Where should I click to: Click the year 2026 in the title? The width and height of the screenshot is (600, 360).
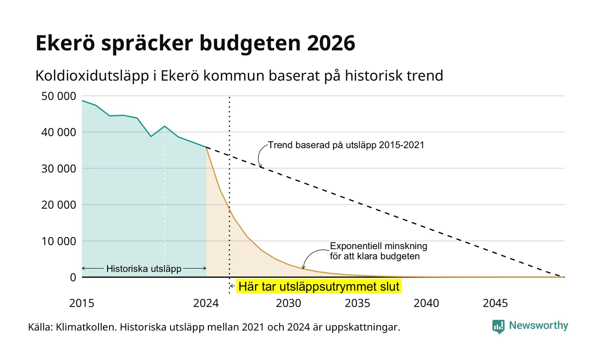click(331, 43)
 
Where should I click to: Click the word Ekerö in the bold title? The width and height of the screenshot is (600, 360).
click(65, 43)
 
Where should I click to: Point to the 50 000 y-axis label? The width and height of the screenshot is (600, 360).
click(59, 96)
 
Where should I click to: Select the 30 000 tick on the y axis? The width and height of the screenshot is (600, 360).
click(59, 168)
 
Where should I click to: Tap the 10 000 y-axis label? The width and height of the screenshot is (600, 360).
click(59, 241)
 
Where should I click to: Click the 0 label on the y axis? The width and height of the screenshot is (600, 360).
click(73, 277)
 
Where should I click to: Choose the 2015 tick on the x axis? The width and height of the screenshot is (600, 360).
click(82, 303)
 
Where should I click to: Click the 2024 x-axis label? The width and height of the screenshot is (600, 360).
click(206, 303)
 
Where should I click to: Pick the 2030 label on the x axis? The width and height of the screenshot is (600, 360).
click(288, 303)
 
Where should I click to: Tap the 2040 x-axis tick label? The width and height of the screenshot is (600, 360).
click(426, 303)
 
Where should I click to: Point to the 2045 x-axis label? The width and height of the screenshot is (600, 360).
click(495, 303)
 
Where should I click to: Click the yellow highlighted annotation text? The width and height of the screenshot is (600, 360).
click(319, 286)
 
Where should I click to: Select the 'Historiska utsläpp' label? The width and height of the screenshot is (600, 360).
click(144, 269)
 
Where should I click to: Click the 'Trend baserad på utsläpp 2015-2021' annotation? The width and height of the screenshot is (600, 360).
click(346, 145)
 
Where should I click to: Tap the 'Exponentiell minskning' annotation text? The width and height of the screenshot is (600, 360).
click(378, 246)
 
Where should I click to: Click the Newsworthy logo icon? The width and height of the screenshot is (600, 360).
click(498, 327)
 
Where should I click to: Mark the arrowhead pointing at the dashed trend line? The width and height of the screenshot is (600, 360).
click(261, 166)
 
